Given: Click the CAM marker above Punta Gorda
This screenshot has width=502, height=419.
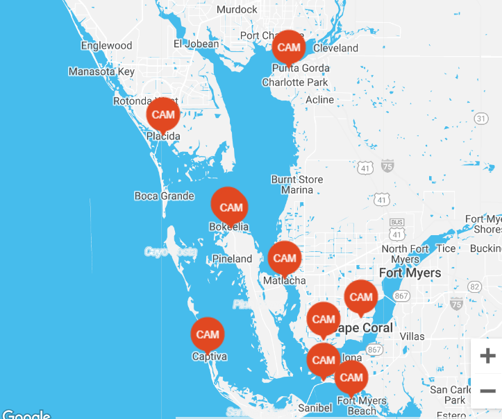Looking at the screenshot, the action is pyautogui.click(x=289, y=47).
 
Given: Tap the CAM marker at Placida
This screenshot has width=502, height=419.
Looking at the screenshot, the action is pyautogui.click(x=163, y=114).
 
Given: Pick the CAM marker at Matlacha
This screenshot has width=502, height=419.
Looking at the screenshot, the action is pyautogui.click(x=285, y=258).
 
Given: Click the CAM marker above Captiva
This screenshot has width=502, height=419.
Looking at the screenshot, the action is pyautogui.click(x=208, y=334).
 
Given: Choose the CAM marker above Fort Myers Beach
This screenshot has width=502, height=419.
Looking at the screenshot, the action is pyautogui.click(x=351, y=377).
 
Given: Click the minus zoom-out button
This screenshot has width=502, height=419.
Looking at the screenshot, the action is pyautogui.click(x=487, y=391).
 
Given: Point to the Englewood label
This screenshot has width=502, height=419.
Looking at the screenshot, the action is pyautogui.click(x=106, y=46).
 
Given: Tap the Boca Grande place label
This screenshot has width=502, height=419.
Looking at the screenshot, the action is pyautogui.click(x=164, y=196).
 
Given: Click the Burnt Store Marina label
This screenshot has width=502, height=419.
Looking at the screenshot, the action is pyautogui.click(x=297, y=185).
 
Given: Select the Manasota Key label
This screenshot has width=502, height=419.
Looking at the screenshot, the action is pyautogui.click(x=101, y=71).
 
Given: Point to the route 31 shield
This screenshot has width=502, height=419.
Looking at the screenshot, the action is pyautogui.click(x=480, y=119).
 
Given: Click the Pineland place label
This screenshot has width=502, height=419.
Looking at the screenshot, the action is pyautogui.click(x=232, y=259).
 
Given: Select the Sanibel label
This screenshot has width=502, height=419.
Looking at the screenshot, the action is pyautogui.click(x=315, y=408).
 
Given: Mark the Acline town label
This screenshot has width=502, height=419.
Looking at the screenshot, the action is pyautogui.click(x=319, y=100).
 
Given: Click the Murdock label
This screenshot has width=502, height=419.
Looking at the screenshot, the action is pyautogui.click(x=237, y=10).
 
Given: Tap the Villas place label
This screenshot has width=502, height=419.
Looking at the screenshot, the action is pyautogui.click(x=412, y=336).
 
